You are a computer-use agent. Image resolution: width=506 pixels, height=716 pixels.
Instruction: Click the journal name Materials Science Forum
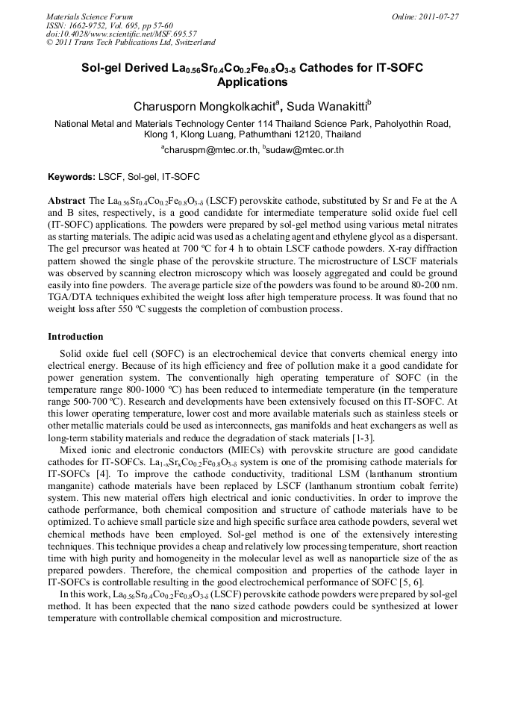pos(90,16)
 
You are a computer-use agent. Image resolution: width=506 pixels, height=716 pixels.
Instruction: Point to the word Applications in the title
pos(252,82)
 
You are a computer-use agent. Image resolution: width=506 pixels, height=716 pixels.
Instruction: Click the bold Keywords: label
pos(72,178)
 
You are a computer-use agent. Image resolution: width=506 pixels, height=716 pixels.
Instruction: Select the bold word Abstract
pos(66,202)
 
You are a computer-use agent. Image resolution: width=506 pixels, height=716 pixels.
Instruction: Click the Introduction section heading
pos(75,337)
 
